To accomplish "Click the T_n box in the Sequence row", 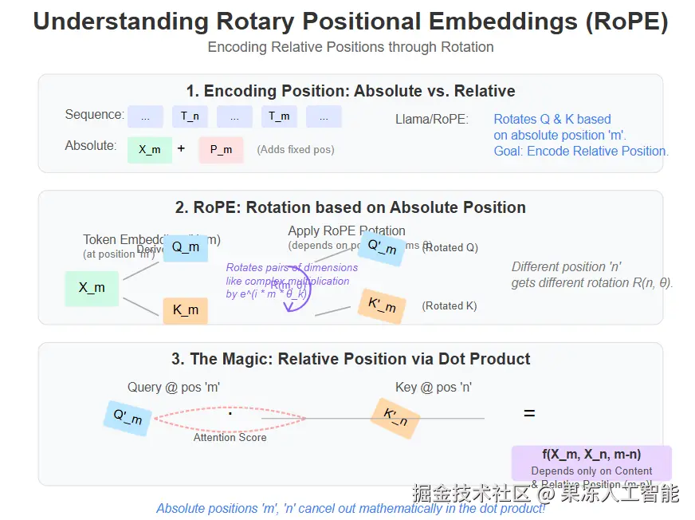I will coord(190,116).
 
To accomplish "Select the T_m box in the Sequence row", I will coord(279,116).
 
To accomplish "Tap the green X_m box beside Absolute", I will coord(150,149).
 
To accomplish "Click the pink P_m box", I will coord(221,149).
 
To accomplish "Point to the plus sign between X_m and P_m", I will coord(182,148).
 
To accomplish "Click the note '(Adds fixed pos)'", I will coord(295,149).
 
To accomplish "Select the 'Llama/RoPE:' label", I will coord(432,120).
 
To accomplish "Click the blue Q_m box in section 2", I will coord(185,247).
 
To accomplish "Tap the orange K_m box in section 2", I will coord(185,310).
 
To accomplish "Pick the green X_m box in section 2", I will coord(92,288).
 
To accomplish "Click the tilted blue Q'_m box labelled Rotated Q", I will coord(381,247).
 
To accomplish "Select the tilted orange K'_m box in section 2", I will coord(381,305).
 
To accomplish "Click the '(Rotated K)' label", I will coord(450,305).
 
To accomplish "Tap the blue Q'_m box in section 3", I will coord(128,418).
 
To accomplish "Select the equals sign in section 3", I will coord(528,413).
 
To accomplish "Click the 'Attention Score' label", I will coord(230,437).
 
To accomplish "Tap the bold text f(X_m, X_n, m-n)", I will coord(591,455).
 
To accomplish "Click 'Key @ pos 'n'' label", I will coord(434,388).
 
